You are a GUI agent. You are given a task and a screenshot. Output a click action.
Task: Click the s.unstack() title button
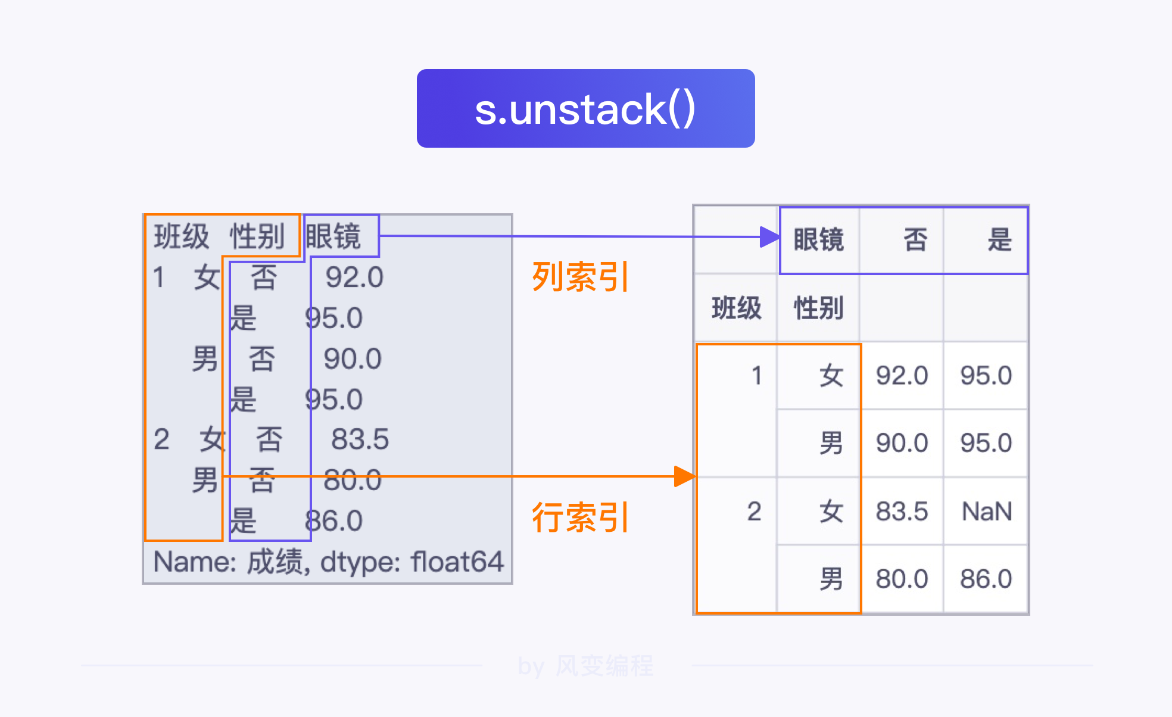585,108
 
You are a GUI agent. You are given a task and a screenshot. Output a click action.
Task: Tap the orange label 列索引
579,277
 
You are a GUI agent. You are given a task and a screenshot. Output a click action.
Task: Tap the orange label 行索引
579,517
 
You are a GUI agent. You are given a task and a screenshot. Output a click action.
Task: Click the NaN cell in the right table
986,512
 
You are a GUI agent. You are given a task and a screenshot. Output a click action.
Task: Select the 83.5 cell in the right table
902,512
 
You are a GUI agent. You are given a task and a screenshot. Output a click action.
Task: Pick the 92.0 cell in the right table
902,376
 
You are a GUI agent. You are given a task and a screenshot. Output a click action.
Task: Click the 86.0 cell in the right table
986,579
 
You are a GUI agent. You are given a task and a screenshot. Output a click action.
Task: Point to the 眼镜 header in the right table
819,240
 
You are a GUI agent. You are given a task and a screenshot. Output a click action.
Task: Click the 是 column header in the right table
999,240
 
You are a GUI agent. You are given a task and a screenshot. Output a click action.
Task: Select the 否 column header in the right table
915,240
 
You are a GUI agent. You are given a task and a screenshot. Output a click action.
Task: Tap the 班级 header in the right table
737,308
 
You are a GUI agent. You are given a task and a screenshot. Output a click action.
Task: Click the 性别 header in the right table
819,308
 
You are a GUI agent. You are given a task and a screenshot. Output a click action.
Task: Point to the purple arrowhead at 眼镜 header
770,237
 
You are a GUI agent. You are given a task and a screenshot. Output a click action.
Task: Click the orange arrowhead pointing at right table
685,476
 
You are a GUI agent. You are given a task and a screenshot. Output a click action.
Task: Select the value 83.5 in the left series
360,439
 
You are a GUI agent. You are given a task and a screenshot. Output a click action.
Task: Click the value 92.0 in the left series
354,278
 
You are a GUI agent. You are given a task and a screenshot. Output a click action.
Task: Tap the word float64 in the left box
457,562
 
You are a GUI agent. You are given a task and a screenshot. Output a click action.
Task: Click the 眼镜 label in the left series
333,236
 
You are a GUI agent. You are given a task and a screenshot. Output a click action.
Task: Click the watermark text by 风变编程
585,666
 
